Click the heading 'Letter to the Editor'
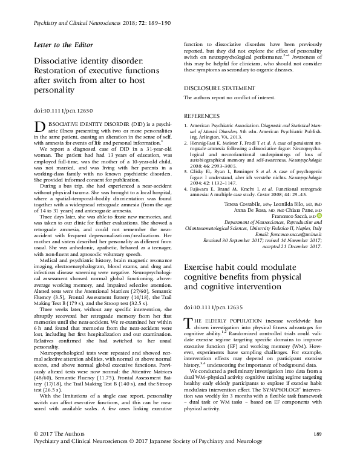click(57, 46)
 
